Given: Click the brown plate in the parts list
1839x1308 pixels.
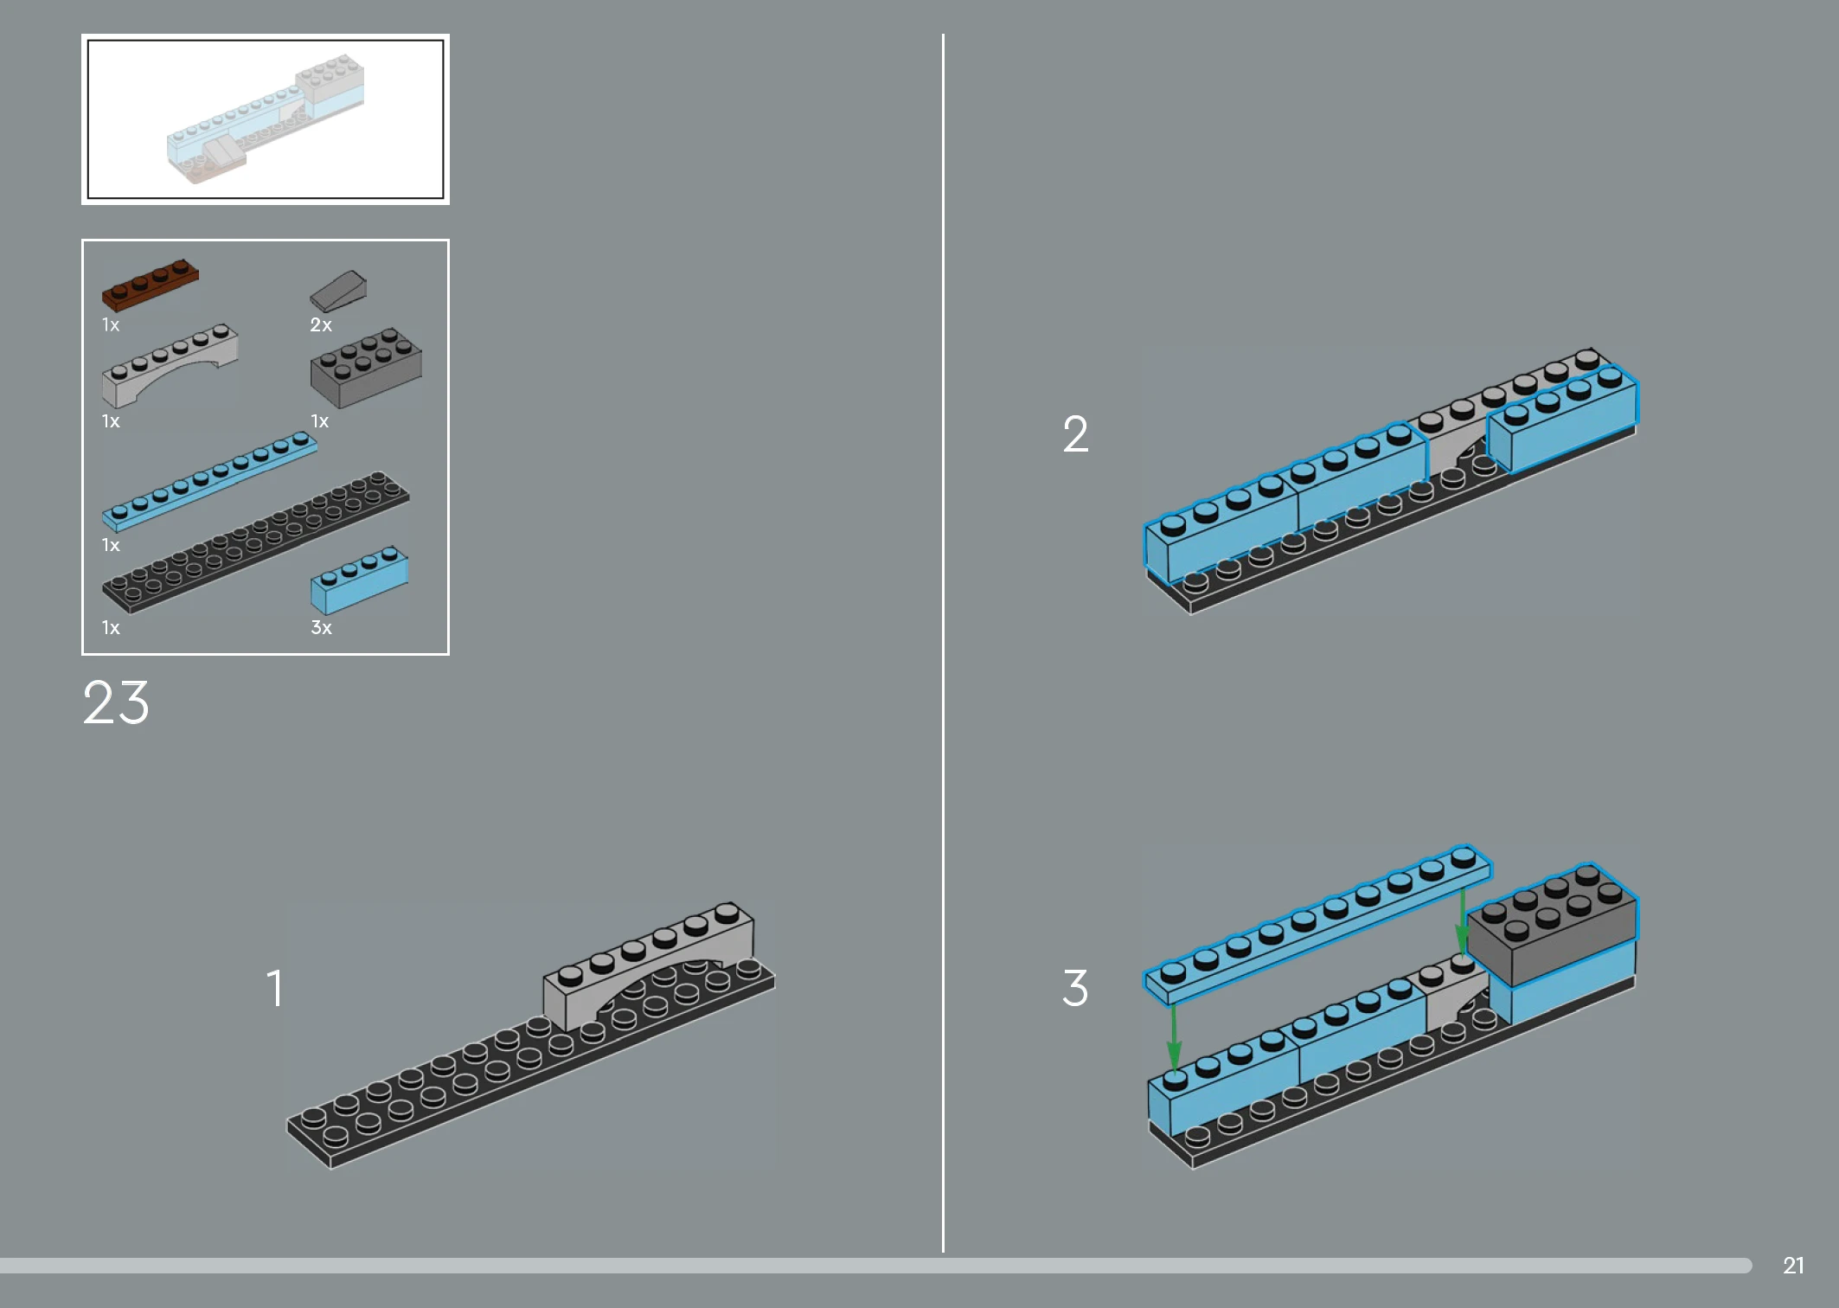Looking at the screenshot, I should coord(150,285).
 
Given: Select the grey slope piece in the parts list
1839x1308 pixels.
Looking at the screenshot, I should coord(338,292).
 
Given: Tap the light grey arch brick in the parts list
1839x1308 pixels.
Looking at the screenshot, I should coord(170,367).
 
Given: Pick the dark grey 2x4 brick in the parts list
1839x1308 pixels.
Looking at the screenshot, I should coord(366,369).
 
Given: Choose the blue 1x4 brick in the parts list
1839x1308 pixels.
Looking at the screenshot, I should coord(359,580).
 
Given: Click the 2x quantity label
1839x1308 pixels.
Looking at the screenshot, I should coord(321,325).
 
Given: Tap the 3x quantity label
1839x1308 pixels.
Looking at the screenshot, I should coord(321,628).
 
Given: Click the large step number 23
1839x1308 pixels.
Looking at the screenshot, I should coord(116,702).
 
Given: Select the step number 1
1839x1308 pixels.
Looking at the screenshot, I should coord(274,988).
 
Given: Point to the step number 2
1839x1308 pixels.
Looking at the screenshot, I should coord(1075,433).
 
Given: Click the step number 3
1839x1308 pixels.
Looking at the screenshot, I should coord(1075,988).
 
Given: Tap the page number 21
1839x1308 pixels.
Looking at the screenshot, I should coord(1793,1266).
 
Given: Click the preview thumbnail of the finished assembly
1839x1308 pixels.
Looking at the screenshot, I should coord(266,119).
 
